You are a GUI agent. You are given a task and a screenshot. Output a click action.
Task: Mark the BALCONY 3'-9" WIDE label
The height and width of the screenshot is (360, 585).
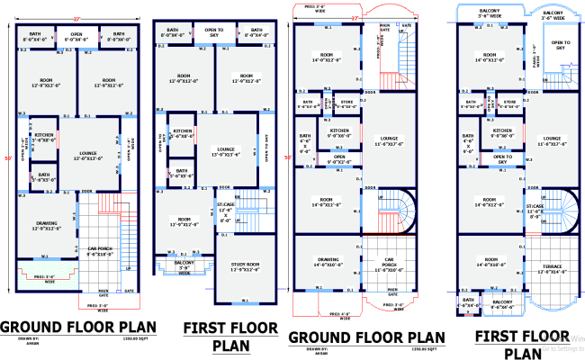pos(184,267)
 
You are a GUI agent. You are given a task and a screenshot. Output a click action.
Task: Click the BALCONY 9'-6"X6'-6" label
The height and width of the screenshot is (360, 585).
pos(503,304)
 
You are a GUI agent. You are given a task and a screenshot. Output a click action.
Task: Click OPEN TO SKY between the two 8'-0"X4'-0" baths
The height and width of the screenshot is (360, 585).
pos(215,32)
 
